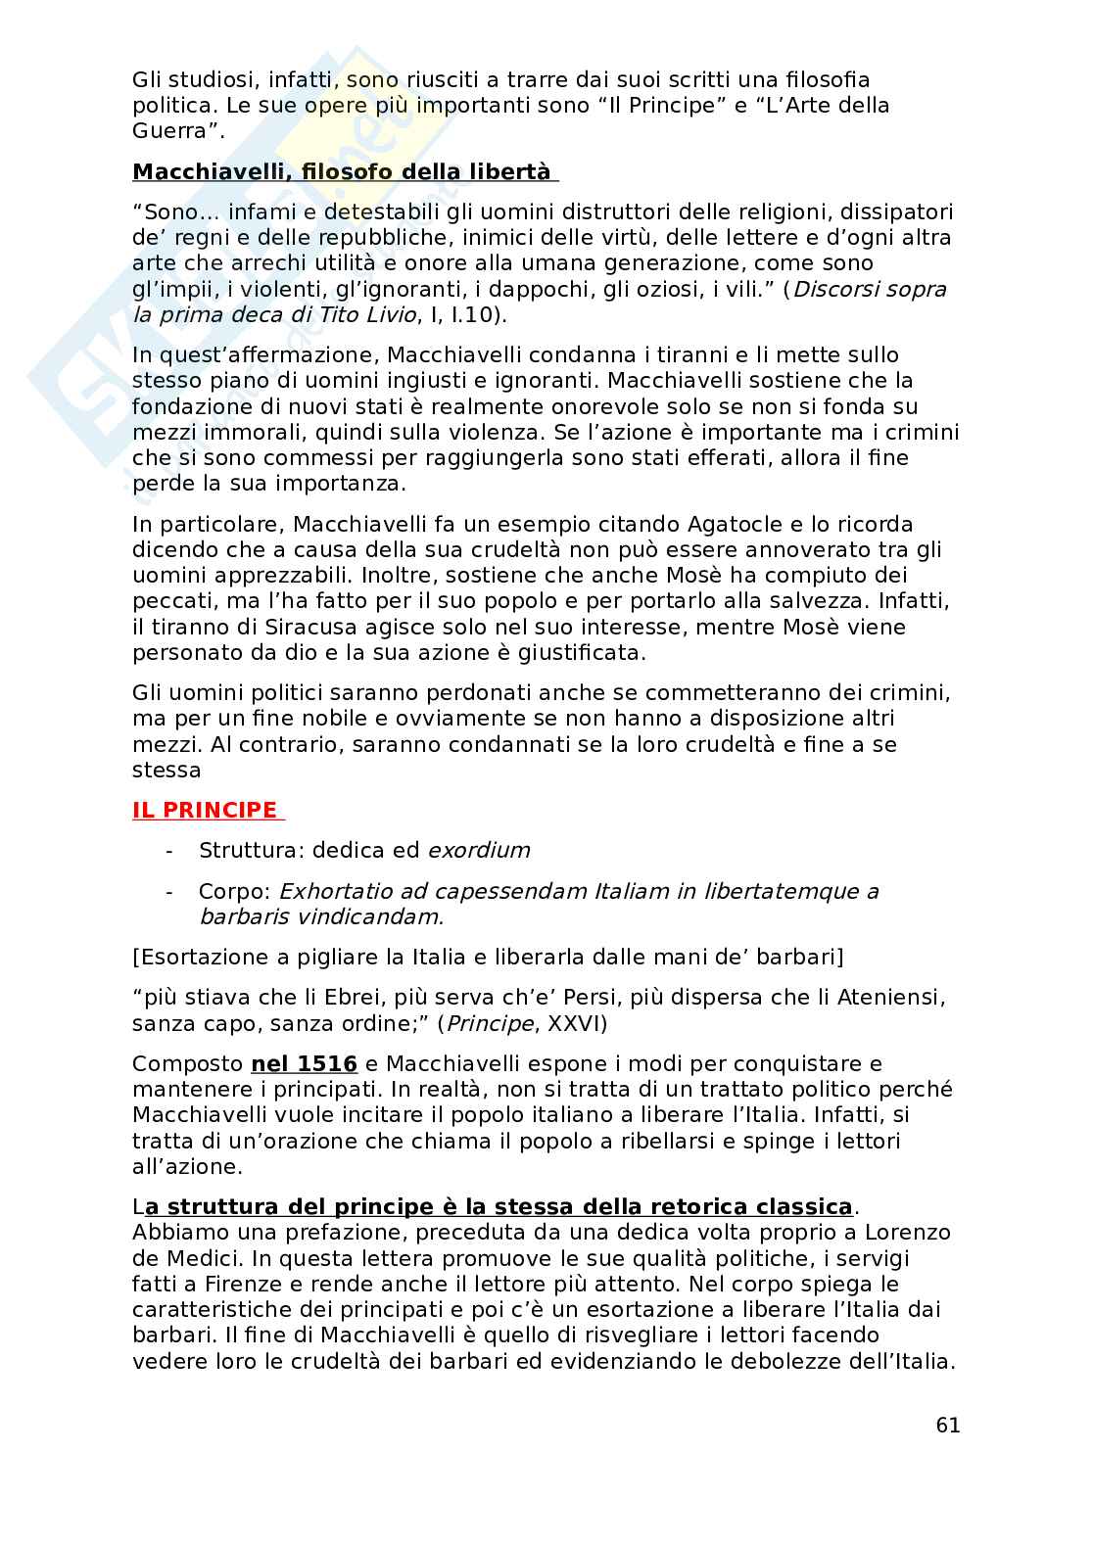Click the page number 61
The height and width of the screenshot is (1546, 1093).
pyautogui.click(x=947, y=1425)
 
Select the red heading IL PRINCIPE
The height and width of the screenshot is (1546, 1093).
pyautogui.click(x=205, y=810)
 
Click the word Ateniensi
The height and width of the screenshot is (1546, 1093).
pyautogui.click(x=890, y=998)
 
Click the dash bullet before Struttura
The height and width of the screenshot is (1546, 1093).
pyautogui.click(x=169, y=850)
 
